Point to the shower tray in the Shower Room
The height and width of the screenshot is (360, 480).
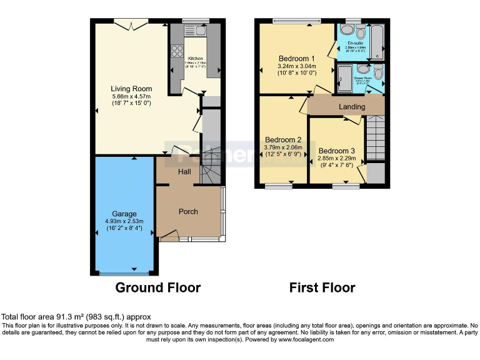pos(345,78)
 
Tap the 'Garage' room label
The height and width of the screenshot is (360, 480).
pos(124,214)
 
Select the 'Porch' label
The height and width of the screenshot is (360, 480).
pos(188,212)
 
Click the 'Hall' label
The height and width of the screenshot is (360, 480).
pos(184,172)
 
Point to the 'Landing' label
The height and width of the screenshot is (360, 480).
pos(352,107)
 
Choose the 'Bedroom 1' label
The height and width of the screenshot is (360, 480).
pos(297,59)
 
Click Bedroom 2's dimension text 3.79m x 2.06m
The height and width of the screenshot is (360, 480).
pos(283,147)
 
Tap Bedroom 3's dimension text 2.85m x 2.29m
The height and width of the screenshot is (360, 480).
pos(337,159)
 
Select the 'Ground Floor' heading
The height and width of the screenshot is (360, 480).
pos(157,288)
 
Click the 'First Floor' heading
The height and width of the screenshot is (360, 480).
pos(322,288)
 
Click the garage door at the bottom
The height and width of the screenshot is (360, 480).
pos(124,273)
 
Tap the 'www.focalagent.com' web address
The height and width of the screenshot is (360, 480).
pos(306,340)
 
